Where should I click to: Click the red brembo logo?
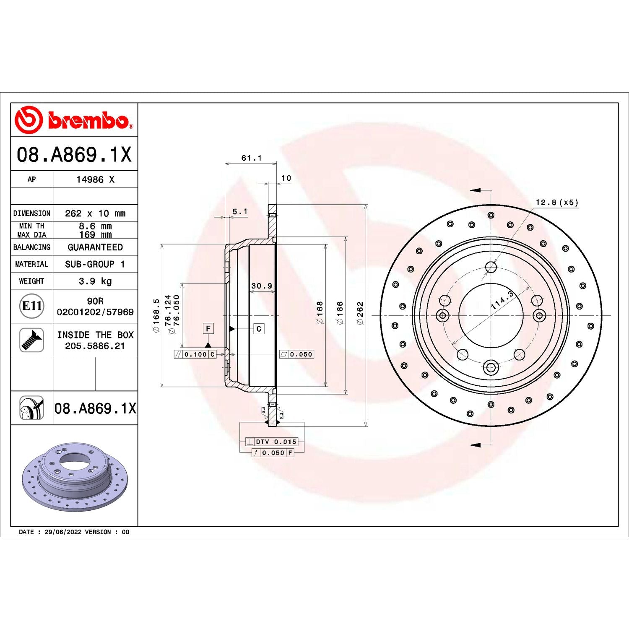click(x=74, y=120)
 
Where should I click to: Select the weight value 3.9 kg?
click(x=95, y=281)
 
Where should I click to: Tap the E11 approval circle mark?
click(x=32, y=306)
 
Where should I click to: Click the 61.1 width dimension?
click(x=251, y=158)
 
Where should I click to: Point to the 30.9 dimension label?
click(x=262, y=286)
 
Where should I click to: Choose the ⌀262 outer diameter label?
click(x=360, y=313)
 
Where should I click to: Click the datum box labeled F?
click(x=208, y=329)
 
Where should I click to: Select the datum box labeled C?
click(x=259, y=329)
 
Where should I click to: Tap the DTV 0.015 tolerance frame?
click(x=272, y=442)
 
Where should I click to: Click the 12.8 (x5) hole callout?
click(x=557, y=203)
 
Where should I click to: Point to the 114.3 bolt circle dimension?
click(x=502, y=300)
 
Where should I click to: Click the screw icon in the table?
click(x=32, y=340)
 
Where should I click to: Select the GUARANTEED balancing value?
click(x=95, y=247)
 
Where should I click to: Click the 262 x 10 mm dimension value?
click(x=95, y=213)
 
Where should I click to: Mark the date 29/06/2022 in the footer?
click(x=63, y=532)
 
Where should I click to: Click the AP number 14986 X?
click(x=95, y=179)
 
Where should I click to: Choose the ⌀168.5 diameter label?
click(x=156, y=315)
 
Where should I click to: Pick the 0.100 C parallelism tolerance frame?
click(x=195, y=354)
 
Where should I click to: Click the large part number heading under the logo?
click(x=74, y=154)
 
